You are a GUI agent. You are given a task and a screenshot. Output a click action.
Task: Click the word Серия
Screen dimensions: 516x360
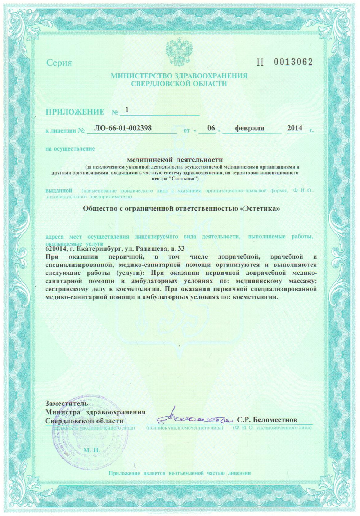point(59,63)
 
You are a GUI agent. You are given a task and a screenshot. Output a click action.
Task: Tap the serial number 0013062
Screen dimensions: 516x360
point(293,62)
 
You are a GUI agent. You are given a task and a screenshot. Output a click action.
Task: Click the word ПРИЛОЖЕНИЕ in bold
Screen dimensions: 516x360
point(75,112)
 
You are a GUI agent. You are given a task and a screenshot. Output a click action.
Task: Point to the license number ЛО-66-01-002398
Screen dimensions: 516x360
point(122,128)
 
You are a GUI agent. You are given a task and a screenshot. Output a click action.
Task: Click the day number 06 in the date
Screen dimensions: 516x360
point(211,128)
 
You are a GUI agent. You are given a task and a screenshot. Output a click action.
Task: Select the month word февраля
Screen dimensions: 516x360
point(249,128)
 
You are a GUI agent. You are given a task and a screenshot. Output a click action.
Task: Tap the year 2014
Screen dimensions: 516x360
point(294,128)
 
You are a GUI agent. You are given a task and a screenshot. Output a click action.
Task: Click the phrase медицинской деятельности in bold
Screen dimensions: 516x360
point(175,160)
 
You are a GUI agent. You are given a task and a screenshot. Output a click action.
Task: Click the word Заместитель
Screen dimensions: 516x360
point(67,403)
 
